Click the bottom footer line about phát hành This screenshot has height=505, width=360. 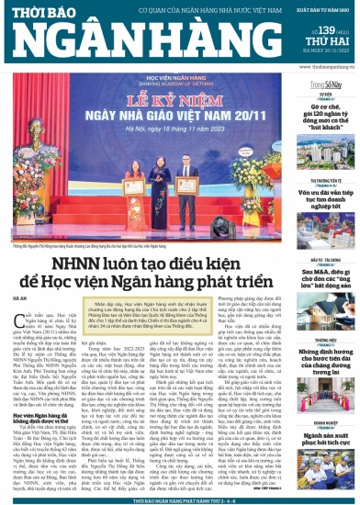[180, 499]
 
